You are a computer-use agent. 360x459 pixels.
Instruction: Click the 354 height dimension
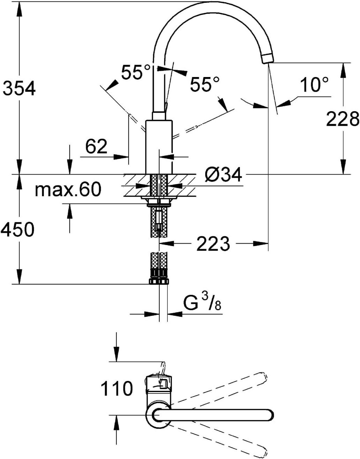tap(19, 89)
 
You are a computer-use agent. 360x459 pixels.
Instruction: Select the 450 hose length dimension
tap(17, 230)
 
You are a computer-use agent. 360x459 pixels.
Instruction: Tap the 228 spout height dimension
tap(342, 119)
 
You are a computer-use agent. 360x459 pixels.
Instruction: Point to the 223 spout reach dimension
tap(213, 244)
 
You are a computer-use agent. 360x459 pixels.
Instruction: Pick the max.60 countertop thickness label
tap(68, 189)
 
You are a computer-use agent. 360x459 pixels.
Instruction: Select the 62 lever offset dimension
tap(96, 146)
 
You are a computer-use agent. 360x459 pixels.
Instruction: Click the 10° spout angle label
tap(314, 85)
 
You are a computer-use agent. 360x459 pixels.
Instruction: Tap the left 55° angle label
tap(136, 72)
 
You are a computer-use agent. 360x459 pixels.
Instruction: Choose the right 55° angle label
tap(205, 84)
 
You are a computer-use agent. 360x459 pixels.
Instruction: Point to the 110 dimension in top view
tap(117, 388)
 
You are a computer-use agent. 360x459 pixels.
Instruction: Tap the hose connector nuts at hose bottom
tap(159, 281)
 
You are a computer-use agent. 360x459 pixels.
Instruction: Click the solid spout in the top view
tap(216, 415)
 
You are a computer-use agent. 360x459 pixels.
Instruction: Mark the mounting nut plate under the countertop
tap(159, 199)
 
